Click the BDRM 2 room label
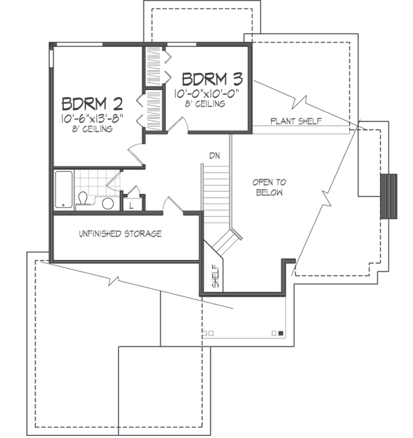[92, 104]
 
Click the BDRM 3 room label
[212, 79]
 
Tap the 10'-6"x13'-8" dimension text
[92, 118]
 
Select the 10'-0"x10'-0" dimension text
[207, 94]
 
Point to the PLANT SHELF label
[296, 121]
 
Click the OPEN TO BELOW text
[269, 188]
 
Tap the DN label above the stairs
[215, 155]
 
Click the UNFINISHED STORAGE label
[120, 234]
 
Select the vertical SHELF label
[216, 276]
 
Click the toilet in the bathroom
[83, 199]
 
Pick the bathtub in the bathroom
[64, 189]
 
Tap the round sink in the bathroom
[107, 204]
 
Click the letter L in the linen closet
[131, 206]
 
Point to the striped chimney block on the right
[388, 197]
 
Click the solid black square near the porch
[281, 333]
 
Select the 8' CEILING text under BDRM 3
[205, 104]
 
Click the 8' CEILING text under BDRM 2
[92, 129]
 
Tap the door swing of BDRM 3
[178, 124]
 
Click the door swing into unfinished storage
[173, 204]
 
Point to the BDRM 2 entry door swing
[136, 154]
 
